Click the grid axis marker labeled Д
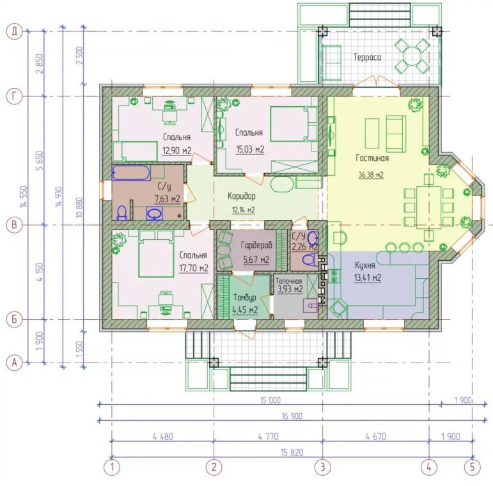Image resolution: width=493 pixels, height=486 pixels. (x=15, y=32)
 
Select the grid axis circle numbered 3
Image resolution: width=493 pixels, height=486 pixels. (x=322, y=467)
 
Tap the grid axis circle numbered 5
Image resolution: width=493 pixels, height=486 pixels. (x=472, y=467)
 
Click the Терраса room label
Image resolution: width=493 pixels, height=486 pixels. (x=367, y=58)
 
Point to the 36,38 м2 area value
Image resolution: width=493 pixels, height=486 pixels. (x=371, y=175)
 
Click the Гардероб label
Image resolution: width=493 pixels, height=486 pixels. (x=256, y=245)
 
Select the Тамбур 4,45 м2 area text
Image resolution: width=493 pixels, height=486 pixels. (x=246, y=310)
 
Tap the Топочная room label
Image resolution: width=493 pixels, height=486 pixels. (x=288, y=281)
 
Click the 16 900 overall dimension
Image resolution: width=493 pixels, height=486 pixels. (x=292, y=416)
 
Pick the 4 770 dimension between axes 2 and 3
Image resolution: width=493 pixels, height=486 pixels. (x=268, y=436)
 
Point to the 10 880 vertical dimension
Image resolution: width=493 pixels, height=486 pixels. (x=79, y=207)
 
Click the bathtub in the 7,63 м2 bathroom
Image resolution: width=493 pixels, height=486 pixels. (x=131, y=173)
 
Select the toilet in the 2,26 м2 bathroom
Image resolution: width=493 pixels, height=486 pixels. (x=309, y=261)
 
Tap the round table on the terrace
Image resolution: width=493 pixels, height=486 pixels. (x=412, y=56)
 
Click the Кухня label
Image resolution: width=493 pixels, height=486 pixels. (x=364, y=265)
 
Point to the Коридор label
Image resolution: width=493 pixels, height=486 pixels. (x=242, y=196)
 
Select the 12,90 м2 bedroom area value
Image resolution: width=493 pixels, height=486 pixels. (x=176, y=150)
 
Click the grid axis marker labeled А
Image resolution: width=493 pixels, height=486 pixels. (x=15, y=363)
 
